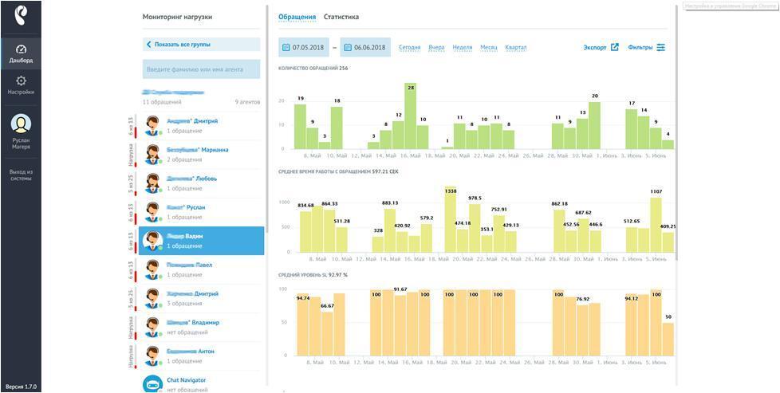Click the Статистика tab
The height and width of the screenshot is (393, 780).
pyautogui.click(x=341, y=17)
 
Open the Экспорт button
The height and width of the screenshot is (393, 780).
pyautogui.click(x=601, y=48)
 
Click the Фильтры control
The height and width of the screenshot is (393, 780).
pyautogui.click(x=646, y=48)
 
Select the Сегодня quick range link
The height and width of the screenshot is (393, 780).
pyautogui.click(x=409, y=48)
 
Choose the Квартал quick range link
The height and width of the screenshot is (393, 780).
pyautogui.click(x=516, y=48)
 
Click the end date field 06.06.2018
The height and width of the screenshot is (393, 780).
pyautogui.click(x=365, y=48)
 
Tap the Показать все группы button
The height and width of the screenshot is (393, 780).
pyautogui.click(x=201, y=45)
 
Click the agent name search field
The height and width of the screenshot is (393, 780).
pyautogui.click(x=201, y=69)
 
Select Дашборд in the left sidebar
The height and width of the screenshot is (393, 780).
pyautogui.click(x=21, y=53)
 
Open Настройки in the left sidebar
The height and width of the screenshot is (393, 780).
pyautogui.click(x=21, y=84)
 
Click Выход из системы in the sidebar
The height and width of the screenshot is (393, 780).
pyautogui.click(x=21, y=175)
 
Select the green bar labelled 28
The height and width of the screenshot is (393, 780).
pyautogui.click(x=411, y=120)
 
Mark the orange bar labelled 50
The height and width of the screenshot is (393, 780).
pyautogui.click(x=668, y=339)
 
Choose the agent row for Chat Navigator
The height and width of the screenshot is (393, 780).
pyautogui.click(x=201, y=384)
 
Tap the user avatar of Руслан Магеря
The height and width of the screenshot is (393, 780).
pyautogui.click(x=21, y=124)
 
